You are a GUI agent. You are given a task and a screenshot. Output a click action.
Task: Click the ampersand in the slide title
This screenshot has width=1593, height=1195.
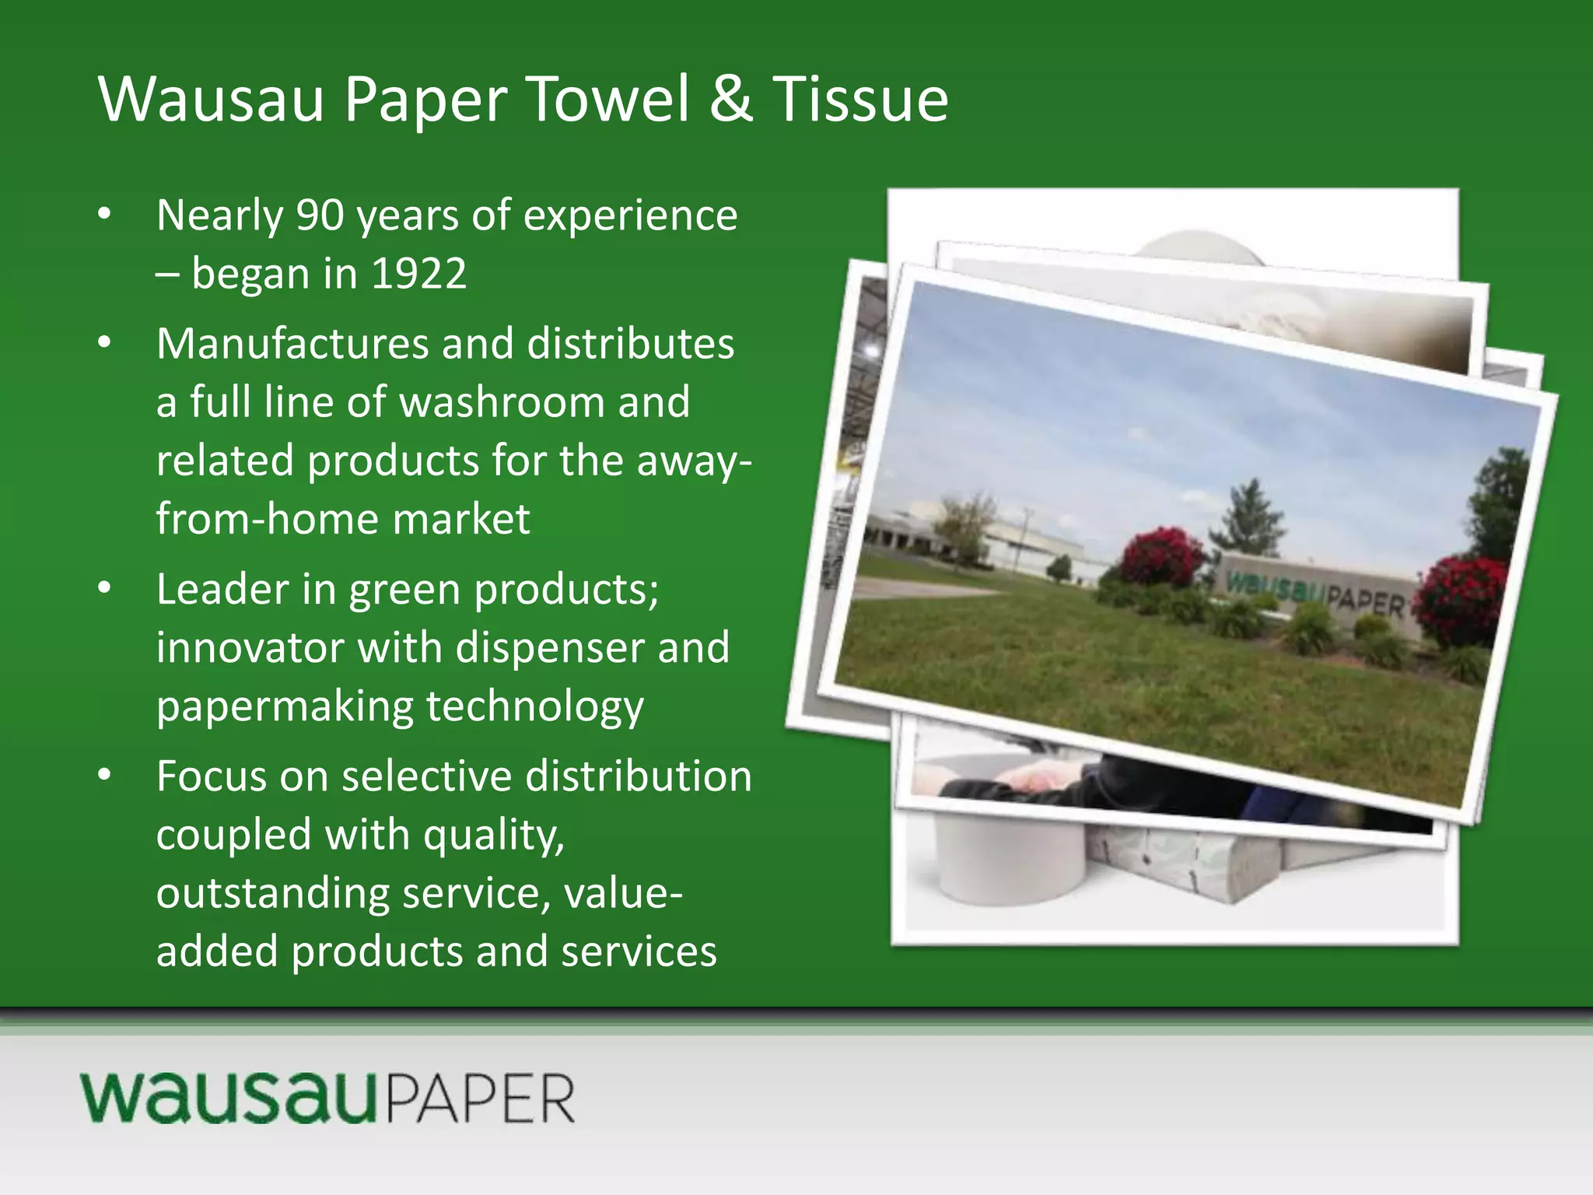pos(731,100)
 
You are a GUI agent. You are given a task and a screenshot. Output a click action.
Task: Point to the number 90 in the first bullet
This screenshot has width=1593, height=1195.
pos(320,216)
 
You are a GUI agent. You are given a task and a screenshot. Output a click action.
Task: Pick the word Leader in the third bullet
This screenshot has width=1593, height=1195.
pos(222,589)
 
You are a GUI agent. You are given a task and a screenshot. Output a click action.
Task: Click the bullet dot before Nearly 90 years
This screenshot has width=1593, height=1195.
pos(105,214)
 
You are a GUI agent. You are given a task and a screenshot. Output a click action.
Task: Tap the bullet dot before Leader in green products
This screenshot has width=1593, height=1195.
pos(105,588)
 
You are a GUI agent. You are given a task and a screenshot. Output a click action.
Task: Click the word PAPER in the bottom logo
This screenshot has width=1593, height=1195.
pos(481,1100)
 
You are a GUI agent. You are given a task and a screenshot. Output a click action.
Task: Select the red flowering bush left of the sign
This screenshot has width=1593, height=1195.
pos(1164,555)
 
